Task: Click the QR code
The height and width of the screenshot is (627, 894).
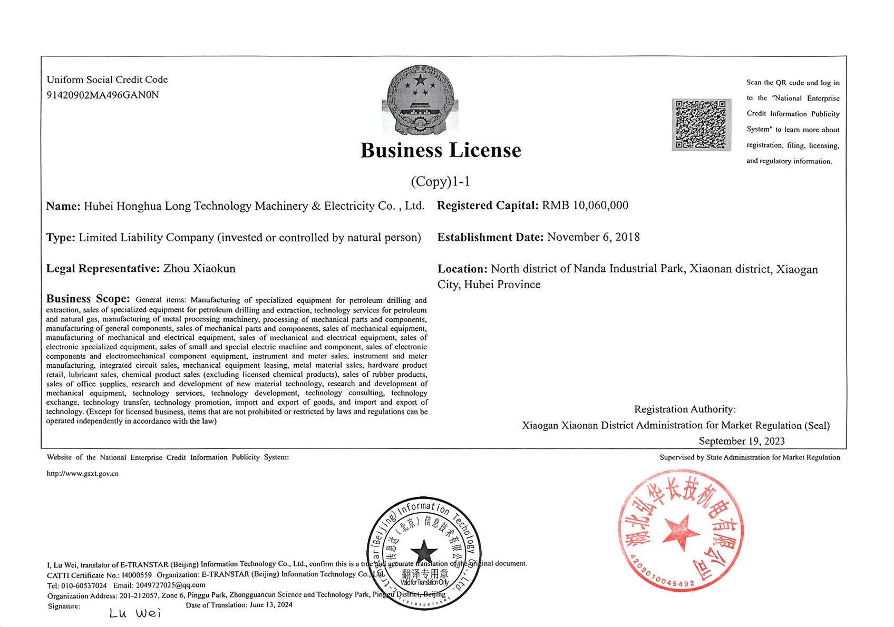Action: click(x=701, y=125)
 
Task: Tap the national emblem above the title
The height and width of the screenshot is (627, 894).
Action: click(x=420, y=100)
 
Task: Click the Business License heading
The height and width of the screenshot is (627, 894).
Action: click(x=441, y=151)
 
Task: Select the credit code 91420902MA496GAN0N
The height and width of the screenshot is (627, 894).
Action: click(x=103, y=95)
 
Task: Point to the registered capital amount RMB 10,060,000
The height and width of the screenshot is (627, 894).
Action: click(x=585, y=205)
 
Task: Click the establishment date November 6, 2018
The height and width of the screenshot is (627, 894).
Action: click(x=594, y=237)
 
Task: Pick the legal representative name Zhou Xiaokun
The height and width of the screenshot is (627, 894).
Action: click(x=199, y=269)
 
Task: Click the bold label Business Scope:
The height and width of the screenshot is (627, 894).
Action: click(x=88, y=299)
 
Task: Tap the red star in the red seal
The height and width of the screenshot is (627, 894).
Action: click(x=681, y=532)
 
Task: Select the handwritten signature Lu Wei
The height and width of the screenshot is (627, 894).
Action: click(x=135, y=613)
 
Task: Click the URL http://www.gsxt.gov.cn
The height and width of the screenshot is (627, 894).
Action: click(x=83, y=474)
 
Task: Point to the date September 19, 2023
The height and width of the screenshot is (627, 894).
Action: click(x=742, y=441)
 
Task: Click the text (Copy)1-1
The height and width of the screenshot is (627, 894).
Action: click(x=441, y=182)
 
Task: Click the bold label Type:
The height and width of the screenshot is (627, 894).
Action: click(x=61, y=238)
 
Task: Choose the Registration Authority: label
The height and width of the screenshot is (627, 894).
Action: click(x=685, y=409)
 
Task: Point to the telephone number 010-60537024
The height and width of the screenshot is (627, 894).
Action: click(x=84, y=585)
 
